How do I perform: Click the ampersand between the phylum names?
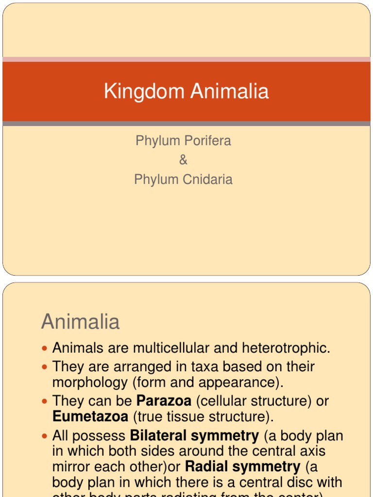[183, 160]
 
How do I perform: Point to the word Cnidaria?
[207, 179]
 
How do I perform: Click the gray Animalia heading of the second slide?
[81, 322]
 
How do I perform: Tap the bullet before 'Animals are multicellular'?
[45, 348]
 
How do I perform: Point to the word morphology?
[90, 382]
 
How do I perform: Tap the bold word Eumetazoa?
[90, 416]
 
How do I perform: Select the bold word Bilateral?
[163, 435]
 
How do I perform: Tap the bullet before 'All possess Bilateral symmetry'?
[45, 436]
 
